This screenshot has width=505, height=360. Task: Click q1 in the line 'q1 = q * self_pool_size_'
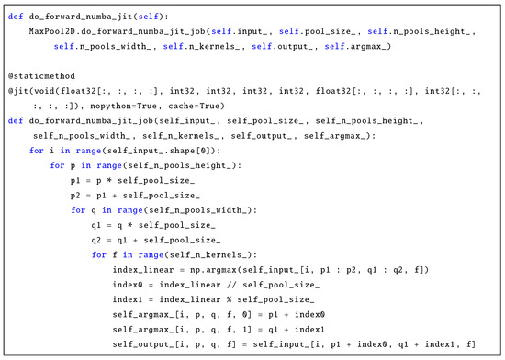[x=97, y=223]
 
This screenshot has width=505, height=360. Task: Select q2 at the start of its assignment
[x=97, y=238]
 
